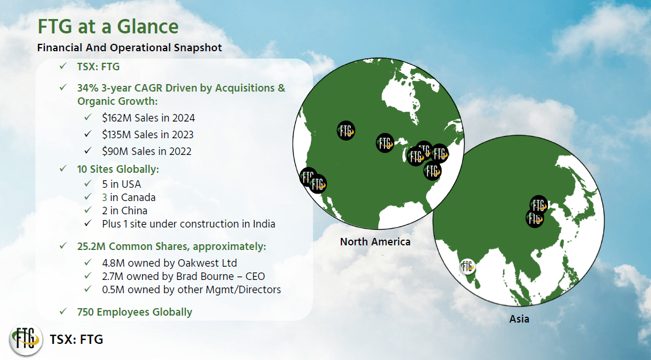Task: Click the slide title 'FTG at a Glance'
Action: coord(108,26)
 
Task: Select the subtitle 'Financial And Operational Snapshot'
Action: coord(130,48)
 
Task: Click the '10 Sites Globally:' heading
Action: coord(117,169)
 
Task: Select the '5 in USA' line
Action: coord(121,184)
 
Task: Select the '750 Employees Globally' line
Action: coord(134,312)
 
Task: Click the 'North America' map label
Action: coord(375,242)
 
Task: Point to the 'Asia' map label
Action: coord(519,319)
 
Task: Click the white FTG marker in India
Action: coord(467,266)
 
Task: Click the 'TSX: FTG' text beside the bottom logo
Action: coord(77,340)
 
